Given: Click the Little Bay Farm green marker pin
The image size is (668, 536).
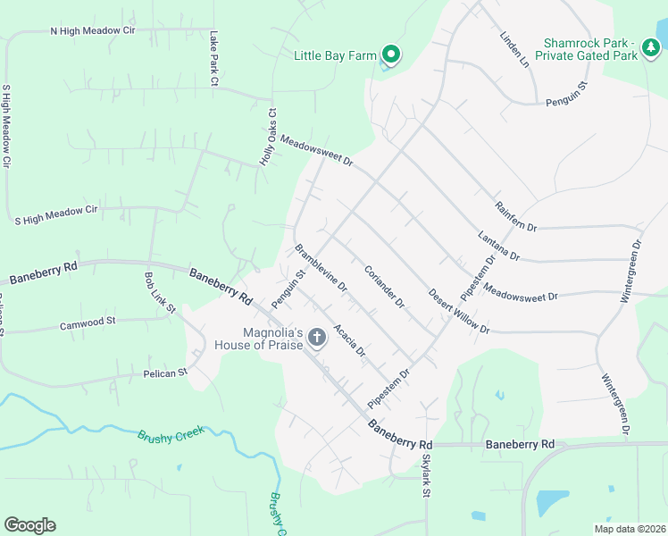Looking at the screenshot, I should (x=390, y=54).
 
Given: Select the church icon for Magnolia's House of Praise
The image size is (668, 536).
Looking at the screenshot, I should (x=316, y=337).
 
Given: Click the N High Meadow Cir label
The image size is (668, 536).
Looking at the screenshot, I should (x=92, y=30).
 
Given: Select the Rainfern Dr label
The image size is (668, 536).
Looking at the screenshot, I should (x=515, y=215).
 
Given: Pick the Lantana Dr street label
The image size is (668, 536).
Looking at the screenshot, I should (x=499, y=245).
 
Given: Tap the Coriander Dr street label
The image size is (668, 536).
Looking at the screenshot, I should (x=384, y=286).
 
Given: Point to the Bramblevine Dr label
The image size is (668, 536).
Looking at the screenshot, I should (x=321, y=268).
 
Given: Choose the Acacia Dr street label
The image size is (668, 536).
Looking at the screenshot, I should (x=349, y=340).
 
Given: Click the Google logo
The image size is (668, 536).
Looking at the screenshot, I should (x=29, y=525).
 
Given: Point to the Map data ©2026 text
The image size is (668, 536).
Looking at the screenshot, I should (x=629, y=529).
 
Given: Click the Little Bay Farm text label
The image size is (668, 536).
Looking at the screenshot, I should (x=336, y=55).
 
